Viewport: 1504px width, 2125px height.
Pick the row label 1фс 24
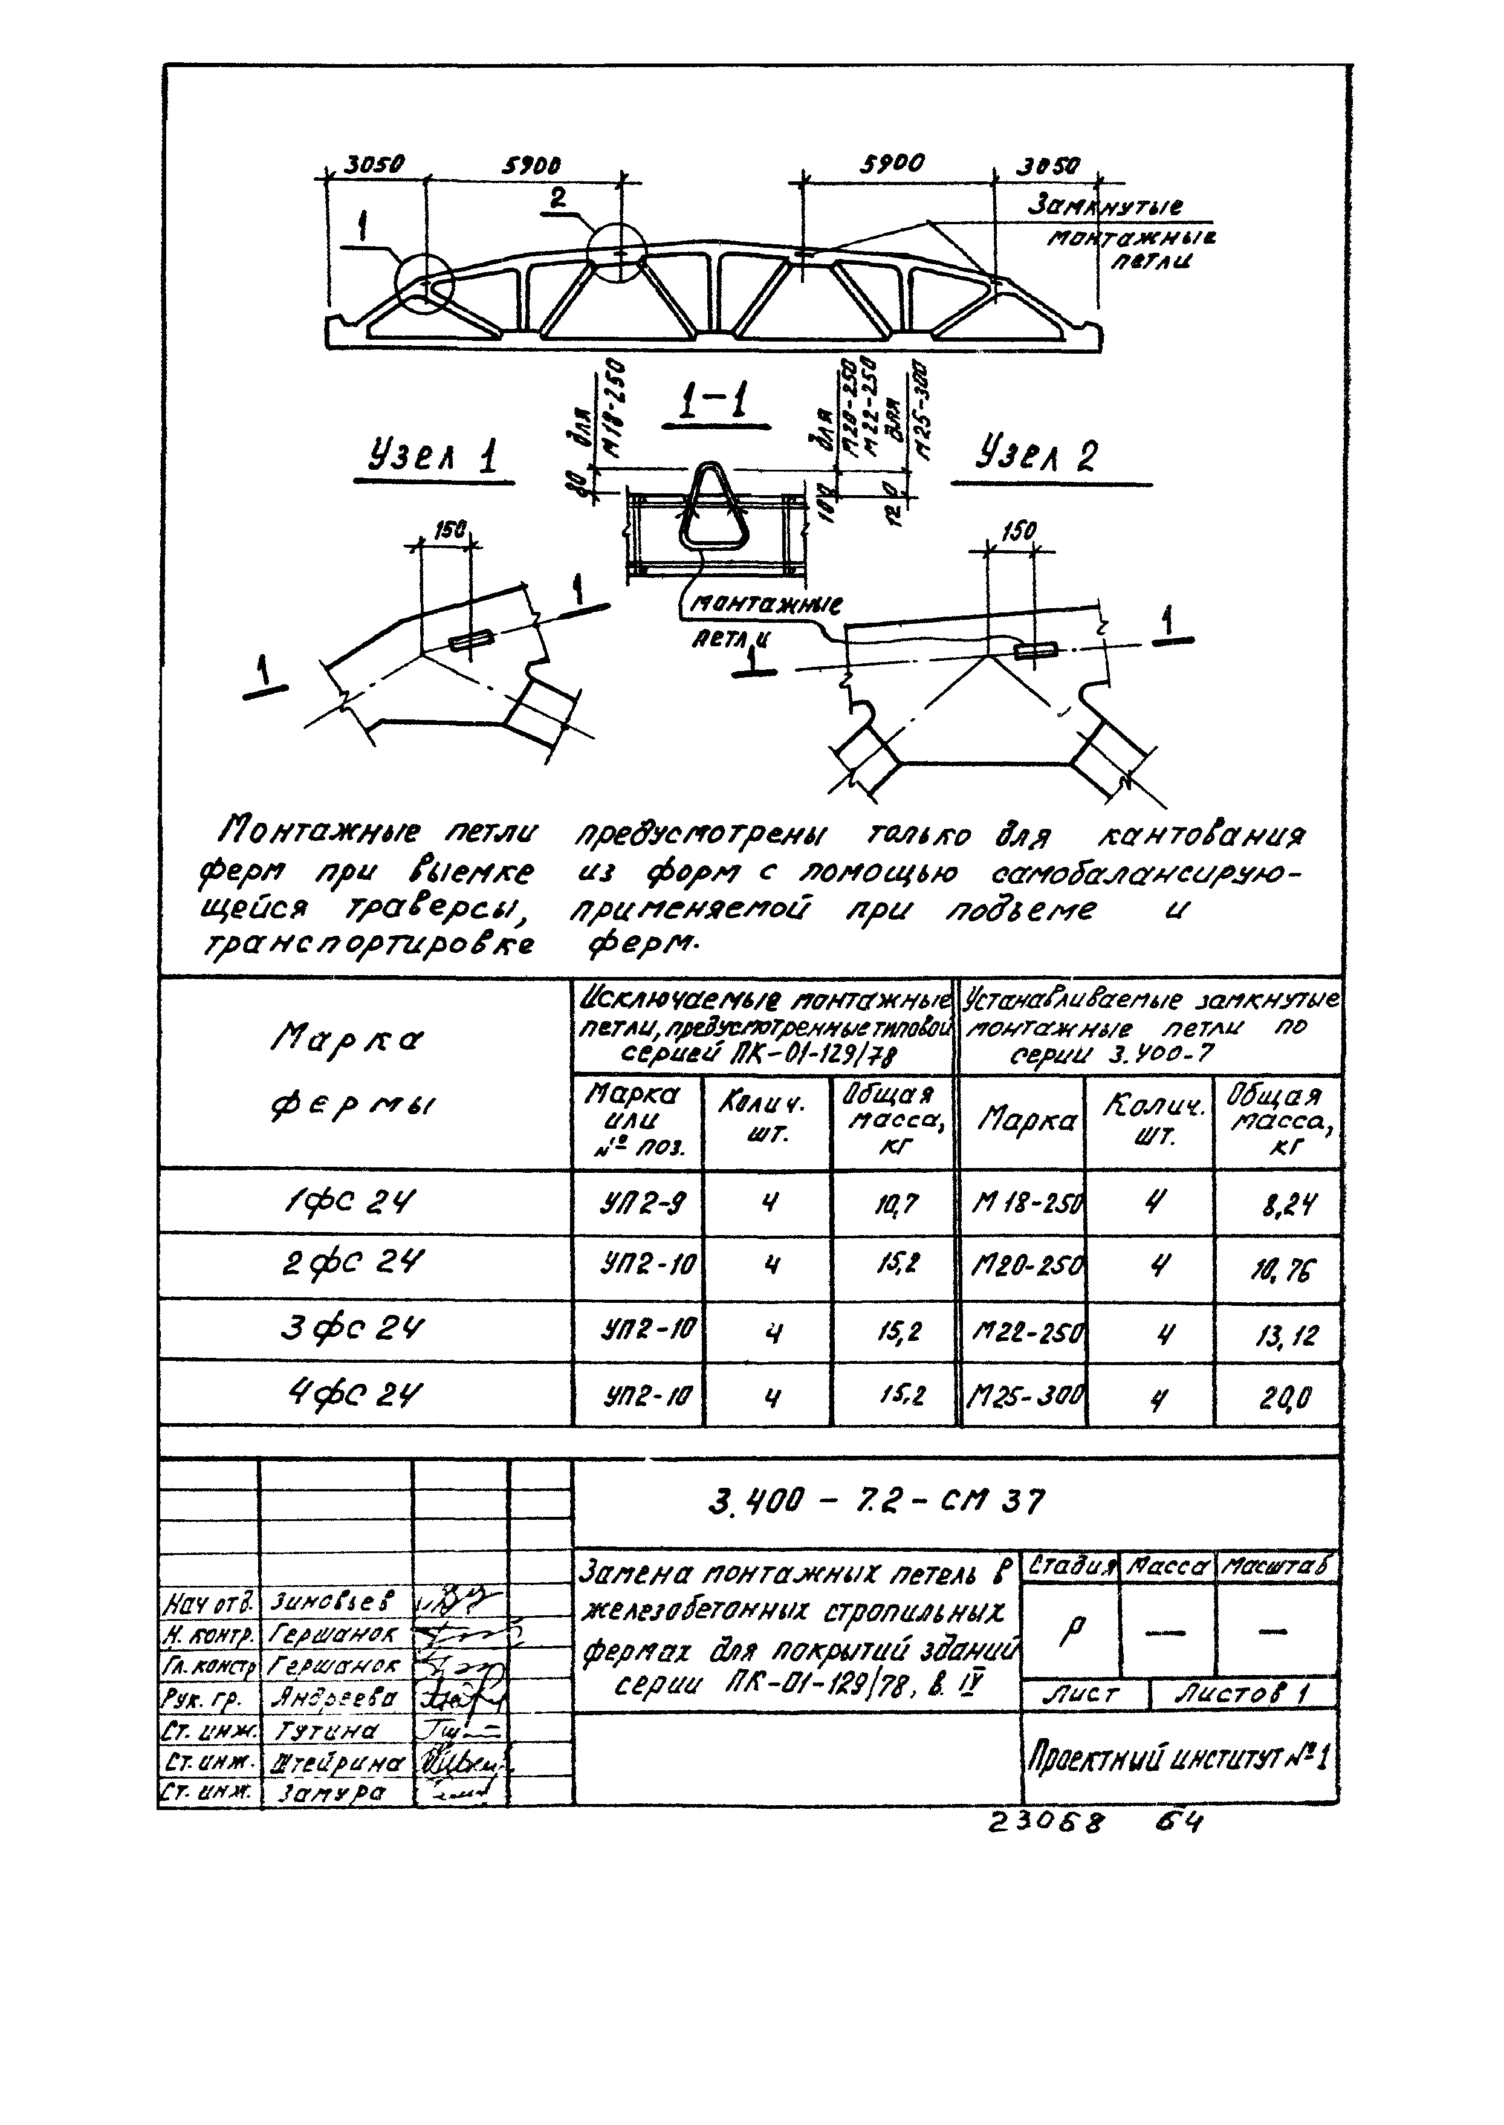coord(363,1202)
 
